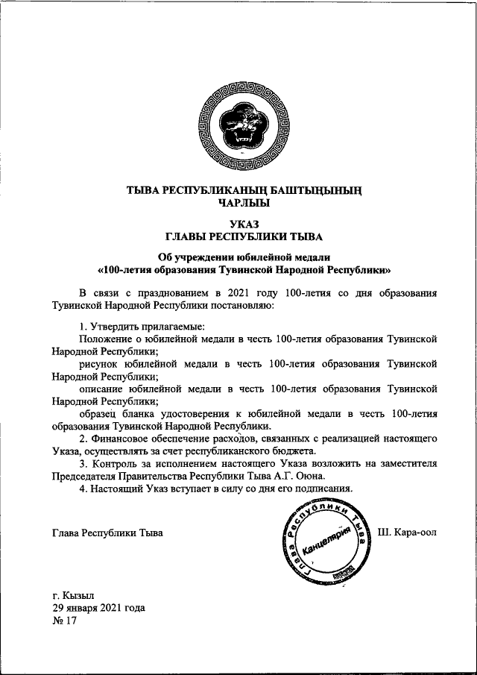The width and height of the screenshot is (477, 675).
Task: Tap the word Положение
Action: (x=104, y=339)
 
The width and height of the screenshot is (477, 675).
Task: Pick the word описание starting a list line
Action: (x=101, y=389)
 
